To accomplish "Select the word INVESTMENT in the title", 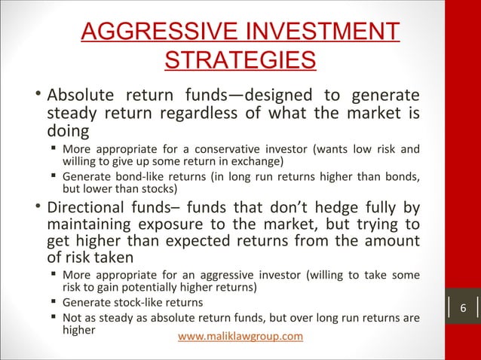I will [322, 32].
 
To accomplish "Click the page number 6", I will [463, 310].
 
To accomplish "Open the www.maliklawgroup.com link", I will [240, 336].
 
